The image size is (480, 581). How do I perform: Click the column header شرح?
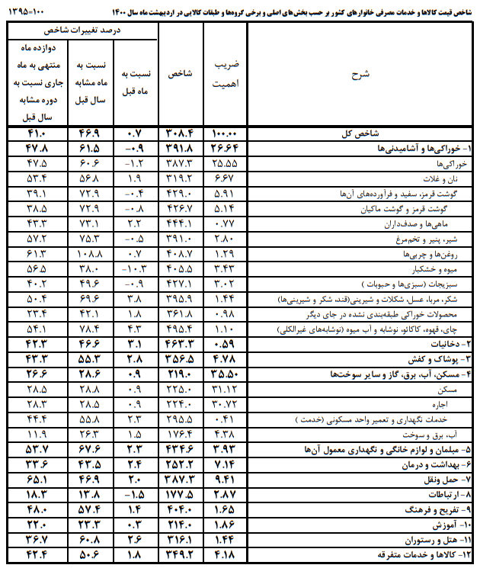pyautogui.click(x=360, y=74)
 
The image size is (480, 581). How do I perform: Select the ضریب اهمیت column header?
pyautogui.click(x=226, y=74)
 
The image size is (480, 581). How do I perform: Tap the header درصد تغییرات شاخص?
pyautogui.click(x=84, y=30)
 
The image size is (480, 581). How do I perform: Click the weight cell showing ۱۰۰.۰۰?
pyautogui.click(x=226, y=133)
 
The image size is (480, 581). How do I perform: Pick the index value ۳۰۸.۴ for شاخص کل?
pyautogui.click(x=181, y=133)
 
